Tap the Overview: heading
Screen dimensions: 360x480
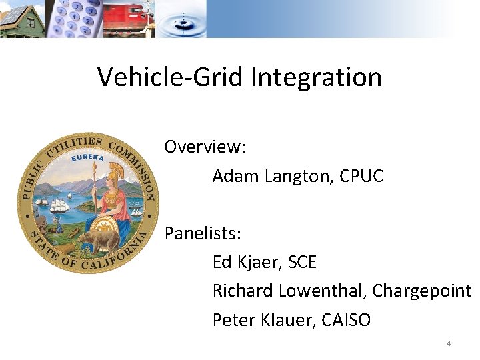tap(205, 147)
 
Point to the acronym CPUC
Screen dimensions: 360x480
tap(361, 176)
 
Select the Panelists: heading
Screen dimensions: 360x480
tap(203, 234)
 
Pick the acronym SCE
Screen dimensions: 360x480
tap(303, 263)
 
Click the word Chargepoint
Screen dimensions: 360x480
tap(421, 291)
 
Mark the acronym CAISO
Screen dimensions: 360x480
tap(345, 320)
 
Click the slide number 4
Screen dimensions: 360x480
tap(449, 343)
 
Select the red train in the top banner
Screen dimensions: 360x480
tap(127, 19)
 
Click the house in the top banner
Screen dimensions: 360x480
tap(23, 20)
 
